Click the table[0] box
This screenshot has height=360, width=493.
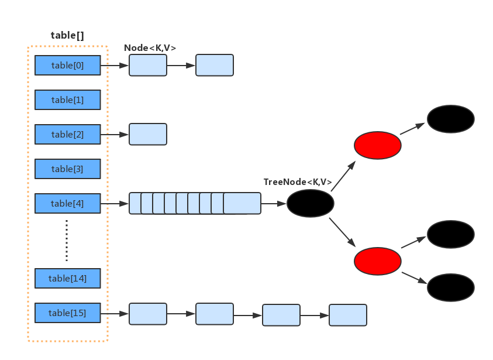68,66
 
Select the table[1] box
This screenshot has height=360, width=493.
68,100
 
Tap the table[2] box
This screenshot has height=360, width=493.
68,135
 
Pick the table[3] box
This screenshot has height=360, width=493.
68,169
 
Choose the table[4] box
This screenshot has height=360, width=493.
68,204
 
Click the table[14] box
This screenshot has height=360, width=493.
68,279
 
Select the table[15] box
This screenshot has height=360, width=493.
68,313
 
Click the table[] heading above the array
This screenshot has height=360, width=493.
67,35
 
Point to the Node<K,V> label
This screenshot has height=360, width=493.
150,48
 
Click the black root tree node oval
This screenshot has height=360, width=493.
311,204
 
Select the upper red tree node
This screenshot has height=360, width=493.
378,145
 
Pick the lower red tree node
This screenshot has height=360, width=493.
378,261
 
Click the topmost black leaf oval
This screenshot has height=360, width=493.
450,119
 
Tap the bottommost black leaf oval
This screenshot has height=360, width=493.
450,287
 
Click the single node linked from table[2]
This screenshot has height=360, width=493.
148,135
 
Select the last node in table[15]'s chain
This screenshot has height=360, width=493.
348,315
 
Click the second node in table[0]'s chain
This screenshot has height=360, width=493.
215,66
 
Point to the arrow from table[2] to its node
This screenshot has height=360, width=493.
115,135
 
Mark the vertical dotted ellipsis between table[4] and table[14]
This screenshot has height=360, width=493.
67,241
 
